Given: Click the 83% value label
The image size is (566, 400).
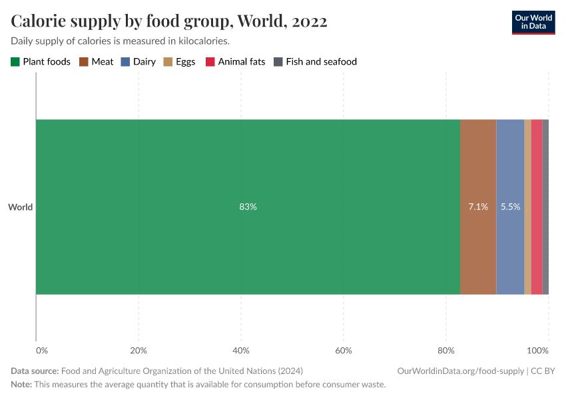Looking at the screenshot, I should point(248,207).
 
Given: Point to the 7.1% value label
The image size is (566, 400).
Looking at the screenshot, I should point(478,207).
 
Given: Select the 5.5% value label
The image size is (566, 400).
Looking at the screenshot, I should point(511,207).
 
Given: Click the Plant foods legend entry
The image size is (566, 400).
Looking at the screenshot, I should point(41,61).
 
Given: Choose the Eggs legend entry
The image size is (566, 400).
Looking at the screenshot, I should point(179,61).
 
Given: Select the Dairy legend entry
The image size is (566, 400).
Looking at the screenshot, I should point(138,61).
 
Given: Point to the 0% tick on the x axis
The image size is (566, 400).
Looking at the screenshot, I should point(41,350).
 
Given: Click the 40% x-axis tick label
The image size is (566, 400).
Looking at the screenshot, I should point(241,350).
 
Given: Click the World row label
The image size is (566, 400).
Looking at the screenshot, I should point(20,207).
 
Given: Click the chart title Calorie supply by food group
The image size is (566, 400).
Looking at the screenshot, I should point(168,21).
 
